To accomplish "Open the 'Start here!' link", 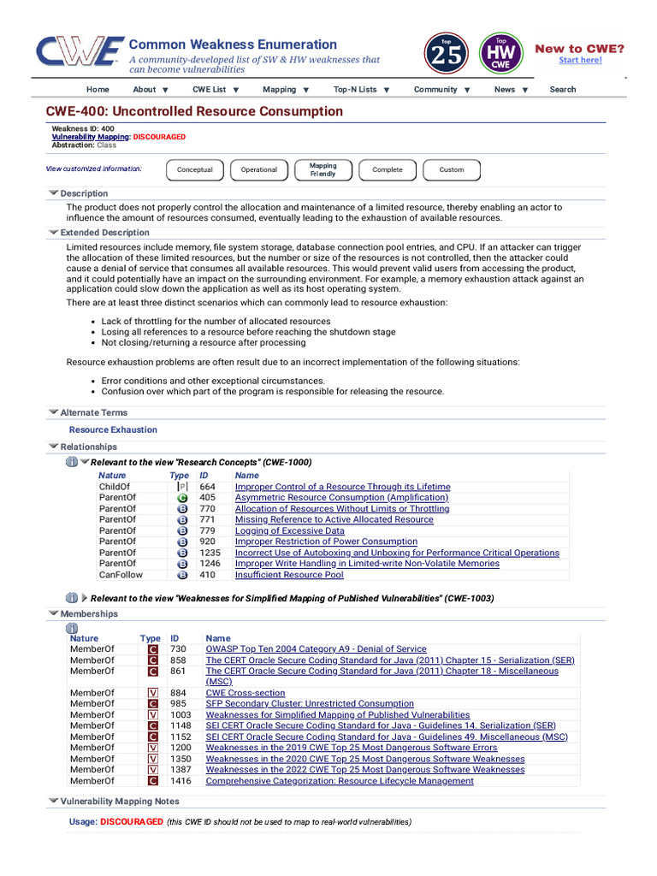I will (x=580, y=60).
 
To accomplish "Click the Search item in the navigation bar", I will (x=562, y=89).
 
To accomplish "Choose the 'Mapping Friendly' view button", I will (x=323, y=169).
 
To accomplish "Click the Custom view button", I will (x=452, y=169).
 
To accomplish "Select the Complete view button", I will (x=387, y=169).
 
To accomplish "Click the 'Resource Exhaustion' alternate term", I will (x=113, y=429).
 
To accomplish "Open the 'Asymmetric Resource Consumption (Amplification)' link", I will (x=341, y=497).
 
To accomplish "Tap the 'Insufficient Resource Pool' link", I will (x=289, y=575).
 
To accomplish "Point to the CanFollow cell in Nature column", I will (x=119, y=575).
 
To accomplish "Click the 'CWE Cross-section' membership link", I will (x=246, y=693).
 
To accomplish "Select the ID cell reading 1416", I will (x=180, y=781).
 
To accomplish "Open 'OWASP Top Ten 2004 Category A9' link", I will (x=316, y=649).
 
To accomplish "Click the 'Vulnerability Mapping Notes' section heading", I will (x=120, y=801).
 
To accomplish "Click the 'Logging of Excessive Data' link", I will (x=289, y=530).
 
